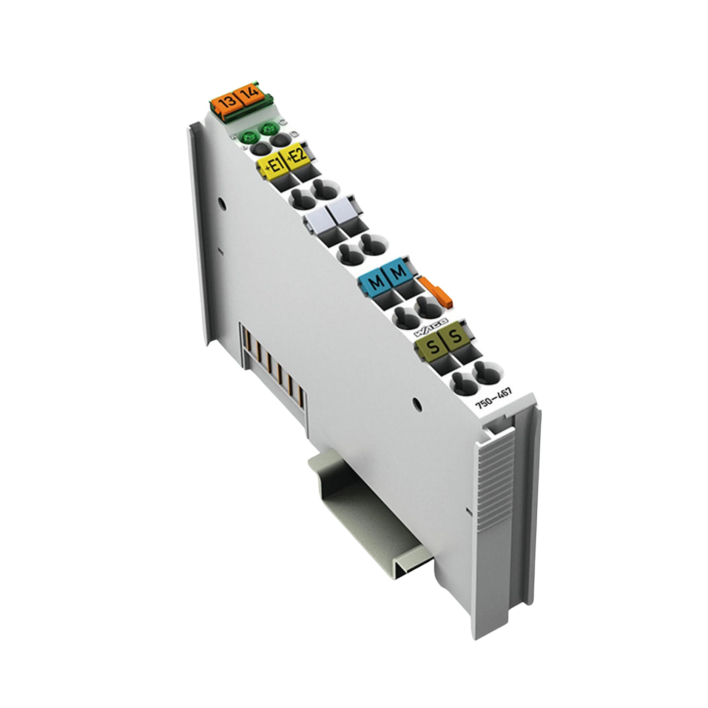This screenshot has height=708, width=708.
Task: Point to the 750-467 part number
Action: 494,400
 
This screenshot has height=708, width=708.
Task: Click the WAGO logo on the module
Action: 430,327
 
